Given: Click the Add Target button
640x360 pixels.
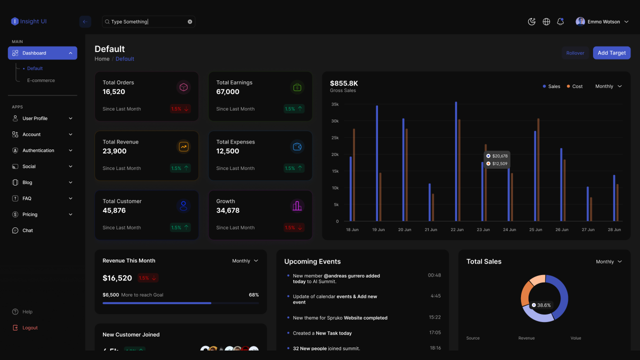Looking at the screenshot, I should click(x=611, y=53).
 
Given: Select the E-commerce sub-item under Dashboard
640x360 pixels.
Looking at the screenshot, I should click(x=41, y=80).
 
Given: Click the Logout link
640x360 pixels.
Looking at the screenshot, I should click(x=29, y=328).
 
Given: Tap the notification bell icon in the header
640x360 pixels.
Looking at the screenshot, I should click(x=560, y=21).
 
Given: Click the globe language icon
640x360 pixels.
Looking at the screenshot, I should click(x=546, y=21).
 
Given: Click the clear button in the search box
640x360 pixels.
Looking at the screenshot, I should click(x=190, y=21).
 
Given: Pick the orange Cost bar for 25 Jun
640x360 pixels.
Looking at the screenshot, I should click(x=538, y=169).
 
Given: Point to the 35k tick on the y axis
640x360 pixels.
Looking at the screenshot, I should click(x=335, y=104).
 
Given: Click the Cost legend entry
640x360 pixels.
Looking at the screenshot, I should click(x=574, y=86).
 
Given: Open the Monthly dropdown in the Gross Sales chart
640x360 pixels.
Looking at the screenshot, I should click(x=608, y=86).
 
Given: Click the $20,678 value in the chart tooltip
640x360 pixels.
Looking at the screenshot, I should click(x=499, y=156).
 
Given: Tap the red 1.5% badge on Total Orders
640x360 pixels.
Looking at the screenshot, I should click(x=180, y=108).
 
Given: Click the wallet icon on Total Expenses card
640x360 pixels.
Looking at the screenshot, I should click(x=297, y=147).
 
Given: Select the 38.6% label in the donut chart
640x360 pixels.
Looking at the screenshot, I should click(x=543, y=305).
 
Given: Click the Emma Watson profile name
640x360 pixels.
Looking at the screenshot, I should click(x=603, y=21).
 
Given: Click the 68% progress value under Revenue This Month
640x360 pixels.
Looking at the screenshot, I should click(x=253, y=295).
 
